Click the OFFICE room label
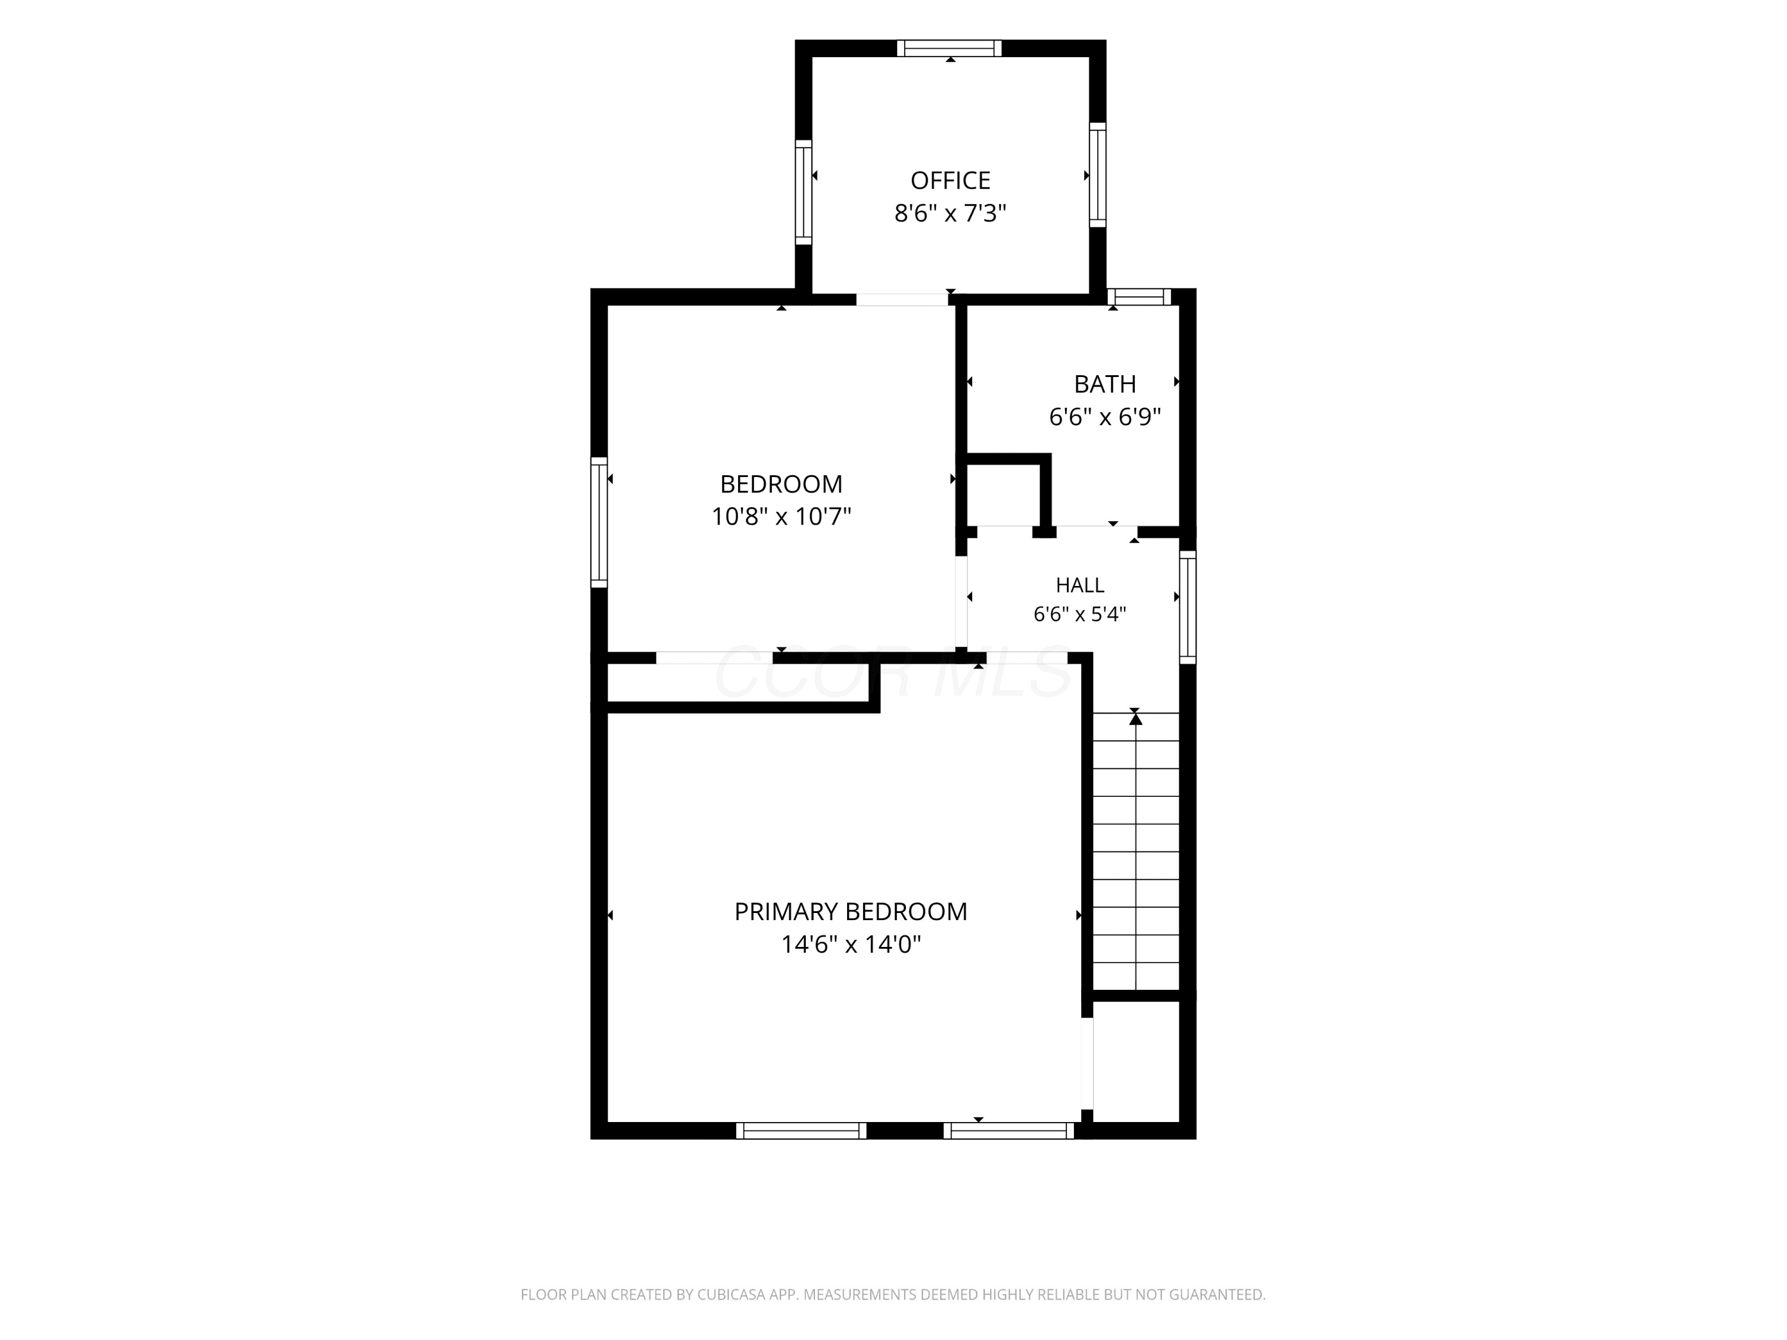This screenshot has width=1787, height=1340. (x=950, y=180)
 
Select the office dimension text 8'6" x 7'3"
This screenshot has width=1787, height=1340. (x=950, y=213)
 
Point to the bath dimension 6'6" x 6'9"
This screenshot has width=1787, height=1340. (x=1104, y=417)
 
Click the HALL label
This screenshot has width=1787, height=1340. (x=1079, y=585)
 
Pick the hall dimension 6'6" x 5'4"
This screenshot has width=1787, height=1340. (x=1079, y=614)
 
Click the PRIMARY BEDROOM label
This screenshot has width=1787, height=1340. (x=851, y=911)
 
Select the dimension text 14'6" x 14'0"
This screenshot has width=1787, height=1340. (x=851, y=944)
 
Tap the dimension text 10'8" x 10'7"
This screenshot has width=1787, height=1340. (x=781, y=516)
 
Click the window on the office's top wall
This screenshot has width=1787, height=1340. (x=949, y=48)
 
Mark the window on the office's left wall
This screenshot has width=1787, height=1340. (x=803, y=192)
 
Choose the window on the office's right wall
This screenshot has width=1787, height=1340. (x=1097, y=174)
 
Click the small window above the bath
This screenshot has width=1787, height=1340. (x=1139, y=297)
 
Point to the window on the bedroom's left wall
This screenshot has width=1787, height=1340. (x=599, y=522)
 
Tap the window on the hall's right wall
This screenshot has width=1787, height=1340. (x=1188, y=607)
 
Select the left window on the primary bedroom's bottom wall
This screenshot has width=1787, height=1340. (x=801, y=1131)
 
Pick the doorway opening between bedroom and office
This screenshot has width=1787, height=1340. (x=902, y=300)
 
